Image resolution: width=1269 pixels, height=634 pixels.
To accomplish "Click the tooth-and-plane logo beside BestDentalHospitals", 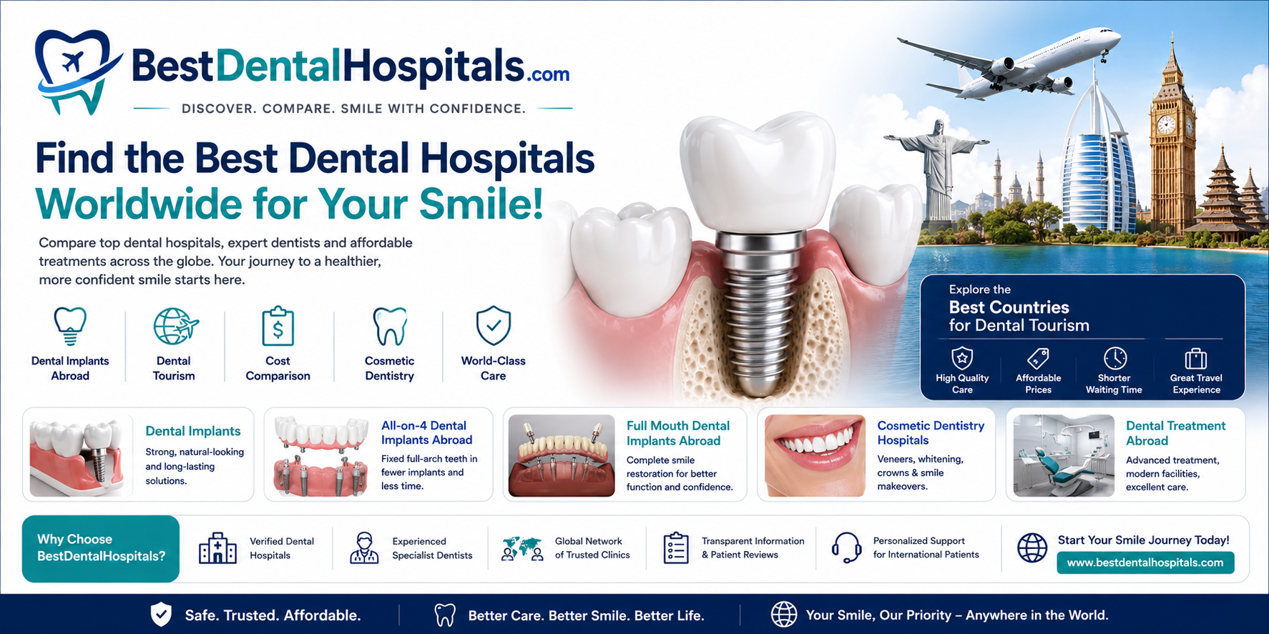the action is [x=77, y=71].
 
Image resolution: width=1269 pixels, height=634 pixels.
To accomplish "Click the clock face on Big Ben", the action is [x=1166, y=124].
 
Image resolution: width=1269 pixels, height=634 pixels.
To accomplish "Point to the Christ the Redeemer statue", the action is [x=936, y=168].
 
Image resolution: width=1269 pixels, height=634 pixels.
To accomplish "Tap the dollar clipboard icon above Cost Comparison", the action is [x=278, y=327].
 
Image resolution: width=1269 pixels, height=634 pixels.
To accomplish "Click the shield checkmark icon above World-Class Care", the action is [x=494, y=326].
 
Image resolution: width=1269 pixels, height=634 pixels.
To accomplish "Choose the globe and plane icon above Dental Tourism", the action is [x=175, y=327].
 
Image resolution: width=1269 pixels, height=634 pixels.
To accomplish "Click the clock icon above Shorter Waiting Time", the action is [x=1114, y=357].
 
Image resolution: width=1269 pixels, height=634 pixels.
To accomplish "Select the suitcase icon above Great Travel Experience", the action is [x=1196, y=357].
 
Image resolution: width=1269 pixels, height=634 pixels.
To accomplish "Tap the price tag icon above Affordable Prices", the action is [x=1038, y=357].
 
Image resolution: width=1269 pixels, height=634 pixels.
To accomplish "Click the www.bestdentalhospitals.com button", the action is [x=1145, y=563].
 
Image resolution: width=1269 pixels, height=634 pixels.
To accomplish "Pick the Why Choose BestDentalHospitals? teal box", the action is [x=101, y=548].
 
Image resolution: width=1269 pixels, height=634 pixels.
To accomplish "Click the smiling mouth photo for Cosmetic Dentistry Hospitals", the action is [x=815, y=455].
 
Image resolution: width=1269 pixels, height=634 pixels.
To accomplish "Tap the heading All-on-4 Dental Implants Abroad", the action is [x=427, y=433].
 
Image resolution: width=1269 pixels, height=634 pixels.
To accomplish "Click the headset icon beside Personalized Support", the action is [x=846, y=548].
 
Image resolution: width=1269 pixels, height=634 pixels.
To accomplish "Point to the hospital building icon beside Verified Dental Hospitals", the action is [x=217, y=548].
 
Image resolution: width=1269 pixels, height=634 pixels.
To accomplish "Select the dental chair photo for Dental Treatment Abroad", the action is [x=1064, y=455].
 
